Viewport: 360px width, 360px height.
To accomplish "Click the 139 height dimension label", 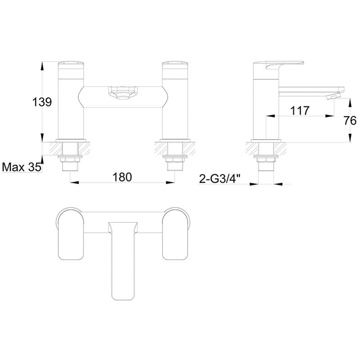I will (x=42, y=102).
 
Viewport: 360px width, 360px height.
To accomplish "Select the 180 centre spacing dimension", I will (x=122, y=177).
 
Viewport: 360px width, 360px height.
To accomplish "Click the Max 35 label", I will (x=21, y=167).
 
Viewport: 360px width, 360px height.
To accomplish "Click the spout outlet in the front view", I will (x=122, y=94).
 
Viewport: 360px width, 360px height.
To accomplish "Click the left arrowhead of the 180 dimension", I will (x=73, y=182).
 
